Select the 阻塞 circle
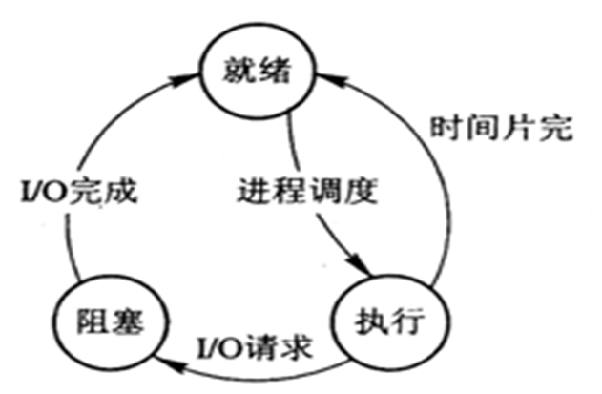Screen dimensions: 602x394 tap(107, 321)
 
